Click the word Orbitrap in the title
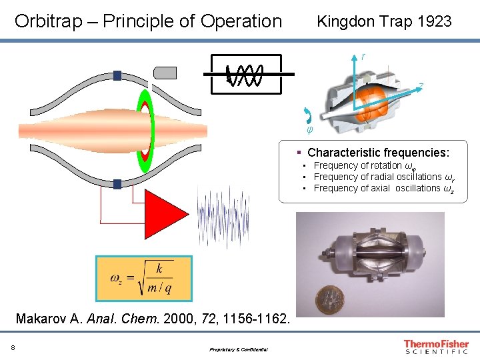(45, 21)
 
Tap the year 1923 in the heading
(434, 21)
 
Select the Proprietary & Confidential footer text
(238, 349)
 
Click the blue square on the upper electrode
(117, 76)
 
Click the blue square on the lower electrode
(117, 183)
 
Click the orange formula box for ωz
(143, 278)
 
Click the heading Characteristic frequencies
(378, 153)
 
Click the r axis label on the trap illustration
(363, 56)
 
